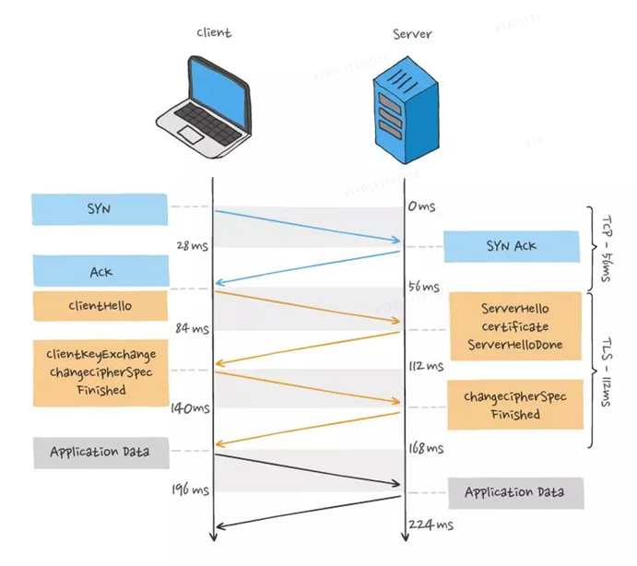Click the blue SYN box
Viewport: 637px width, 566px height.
coord(100,209)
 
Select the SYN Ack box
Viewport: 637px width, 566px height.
coord(512,247)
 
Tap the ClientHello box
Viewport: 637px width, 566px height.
coord(100,305)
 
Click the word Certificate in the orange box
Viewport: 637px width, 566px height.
coord(515,326)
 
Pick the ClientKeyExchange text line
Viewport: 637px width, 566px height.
coord(100,355)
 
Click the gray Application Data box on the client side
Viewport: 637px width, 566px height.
coord(101,453)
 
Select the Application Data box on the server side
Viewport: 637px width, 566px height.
coord(516,493)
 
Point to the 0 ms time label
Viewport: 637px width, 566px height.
coord(421,206)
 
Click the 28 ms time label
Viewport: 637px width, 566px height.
coord(192,245)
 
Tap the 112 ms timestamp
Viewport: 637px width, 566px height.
coord(426,367)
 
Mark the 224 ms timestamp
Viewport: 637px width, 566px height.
coord(431,525)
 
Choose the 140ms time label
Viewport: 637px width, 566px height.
coord(190,407)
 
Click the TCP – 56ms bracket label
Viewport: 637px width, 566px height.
coord(607,249)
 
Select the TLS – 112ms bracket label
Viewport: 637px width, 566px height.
coord(607,371)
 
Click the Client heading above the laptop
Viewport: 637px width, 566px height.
coord(214,32)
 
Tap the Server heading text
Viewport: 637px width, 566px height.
coord(412,34)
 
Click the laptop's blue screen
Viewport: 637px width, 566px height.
coord(218,90)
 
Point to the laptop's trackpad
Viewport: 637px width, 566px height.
coord(191,134)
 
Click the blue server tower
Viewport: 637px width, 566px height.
coord(406,110)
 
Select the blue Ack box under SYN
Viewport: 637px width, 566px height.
coord(100,271)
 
